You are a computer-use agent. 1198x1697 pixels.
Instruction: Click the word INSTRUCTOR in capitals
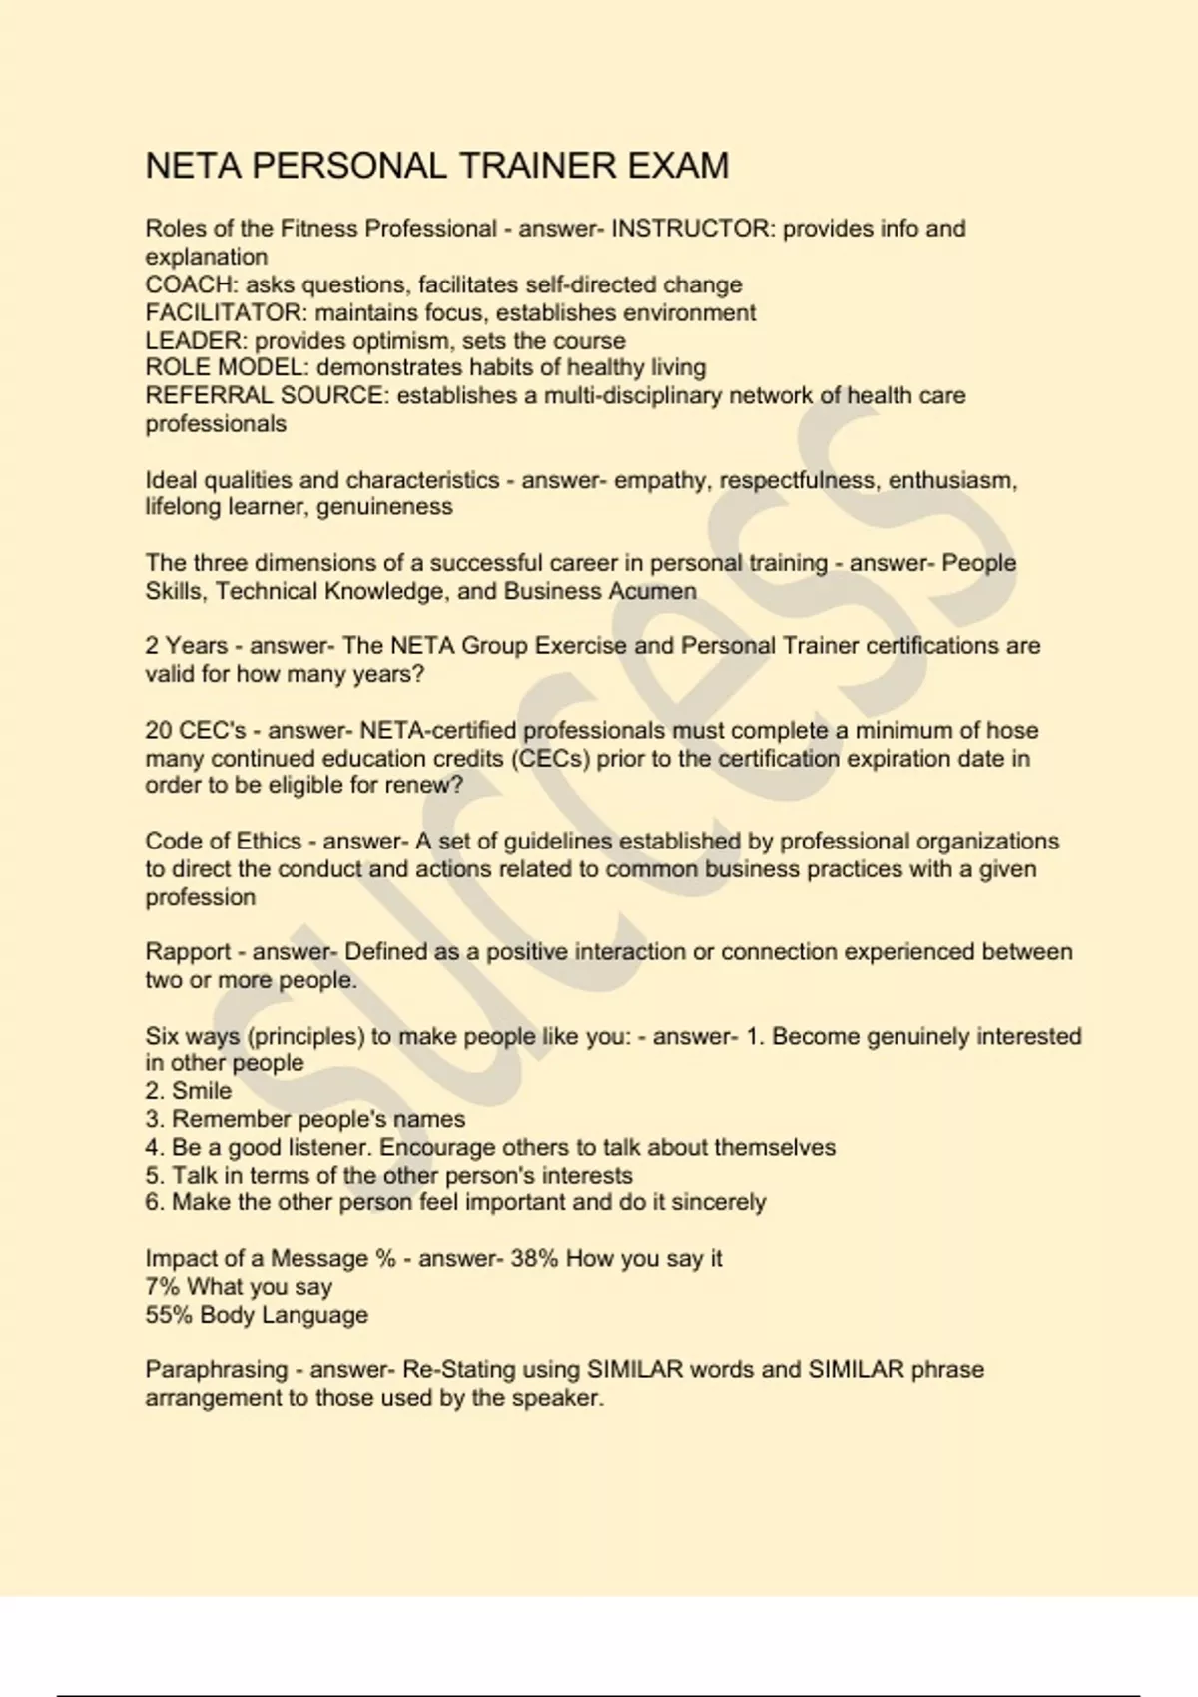click(691, 229)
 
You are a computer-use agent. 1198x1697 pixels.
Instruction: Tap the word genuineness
click(384, 507)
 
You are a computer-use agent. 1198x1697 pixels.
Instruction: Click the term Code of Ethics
click(223, 842)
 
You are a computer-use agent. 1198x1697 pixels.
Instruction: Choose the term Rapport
click(188, 952)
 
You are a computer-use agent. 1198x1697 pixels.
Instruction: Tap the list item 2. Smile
click(188, 1091)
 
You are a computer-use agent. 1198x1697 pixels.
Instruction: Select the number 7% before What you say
click(162, 1287)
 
